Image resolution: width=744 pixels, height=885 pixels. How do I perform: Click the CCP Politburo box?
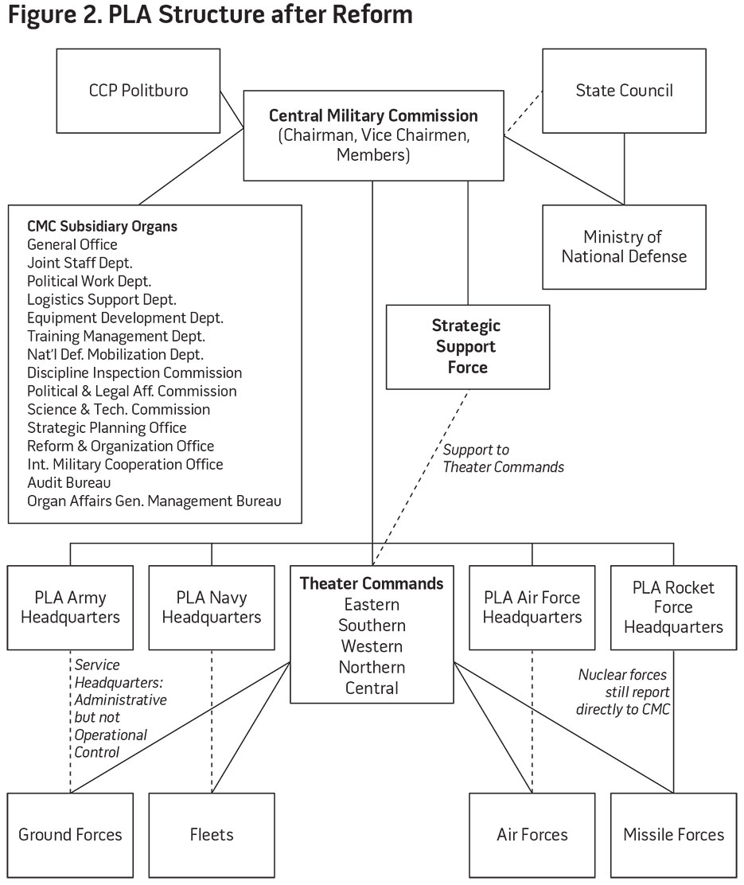(x=138, y=91)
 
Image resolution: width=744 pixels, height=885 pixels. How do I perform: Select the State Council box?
(x=625, y=91)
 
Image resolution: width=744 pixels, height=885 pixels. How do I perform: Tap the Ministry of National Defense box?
(x=625, y=248)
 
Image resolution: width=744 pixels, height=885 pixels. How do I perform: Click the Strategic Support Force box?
(x=468, y=347)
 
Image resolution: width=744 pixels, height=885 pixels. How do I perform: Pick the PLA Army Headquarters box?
(x=71, y=607)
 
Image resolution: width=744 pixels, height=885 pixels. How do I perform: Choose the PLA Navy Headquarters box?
(x=212, y=607)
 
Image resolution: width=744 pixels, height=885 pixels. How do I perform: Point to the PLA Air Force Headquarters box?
(x=532, y=607)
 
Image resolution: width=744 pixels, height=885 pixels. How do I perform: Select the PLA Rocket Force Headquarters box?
(x=673, y=607)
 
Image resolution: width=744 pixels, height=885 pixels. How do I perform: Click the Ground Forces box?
(x=71, y=836)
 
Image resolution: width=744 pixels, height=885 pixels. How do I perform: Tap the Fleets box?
(x=212, y=836)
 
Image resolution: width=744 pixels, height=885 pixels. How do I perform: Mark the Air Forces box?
(x=532, y=836)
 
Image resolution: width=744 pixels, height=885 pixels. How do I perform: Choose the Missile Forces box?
(x=673, y=836)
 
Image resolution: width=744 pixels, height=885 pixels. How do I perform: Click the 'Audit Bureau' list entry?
(x=69, y=482)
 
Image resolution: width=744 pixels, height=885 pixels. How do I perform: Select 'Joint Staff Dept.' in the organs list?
(x=80, y=263)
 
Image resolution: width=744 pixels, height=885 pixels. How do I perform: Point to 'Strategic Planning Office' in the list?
(x=107, y=428)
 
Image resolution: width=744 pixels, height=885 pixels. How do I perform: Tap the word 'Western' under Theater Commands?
(x=372, y=646)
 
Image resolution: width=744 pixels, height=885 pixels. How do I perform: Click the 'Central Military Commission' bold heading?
(x=373, y=115)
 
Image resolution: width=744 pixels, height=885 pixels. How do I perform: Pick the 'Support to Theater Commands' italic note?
(x=504, y=458)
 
